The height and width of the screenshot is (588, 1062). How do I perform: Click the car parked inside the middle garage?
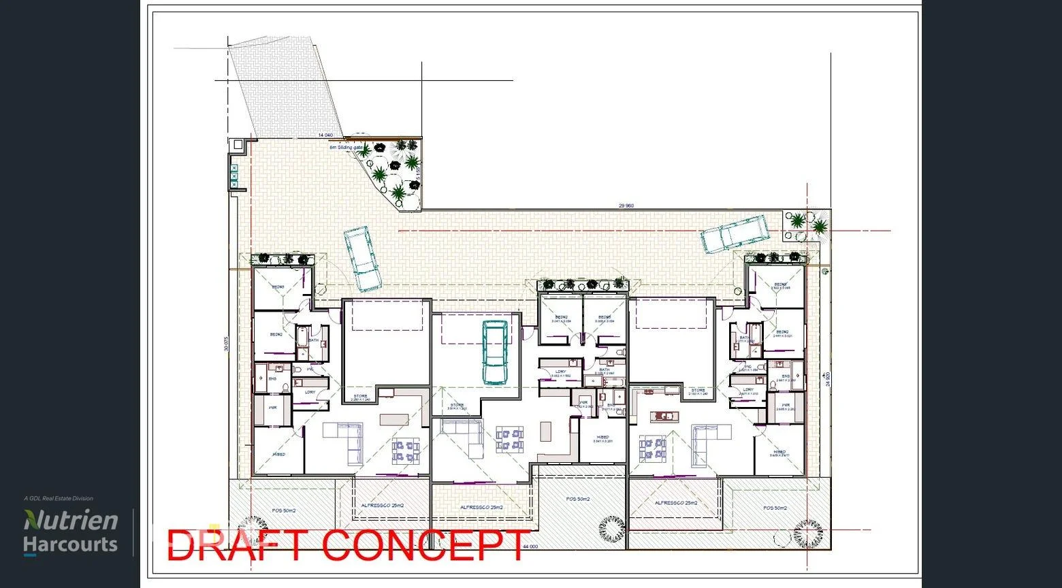[495, 352]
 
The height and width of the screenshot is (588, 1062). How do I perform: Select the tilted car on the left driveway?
[362, 259]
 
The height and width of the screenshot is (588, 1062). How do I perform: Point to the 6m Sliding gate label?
[347, 147]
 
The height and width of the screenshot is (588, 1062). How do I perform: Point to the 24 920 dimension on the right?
[827, 379]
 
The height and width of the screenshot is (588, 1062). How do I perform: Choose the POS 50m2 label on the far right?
[775, 508]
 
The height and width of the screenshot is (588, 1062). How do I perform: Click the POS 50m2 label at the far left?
[285, 510]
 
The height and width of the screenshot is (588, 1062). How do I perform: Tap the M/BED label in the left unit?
[278, 454]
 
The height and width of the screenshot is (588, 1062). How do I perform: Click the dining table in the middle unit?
[510, 439]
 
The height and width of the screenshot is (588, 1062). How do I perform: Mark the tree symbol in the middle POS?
[611, 528]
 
